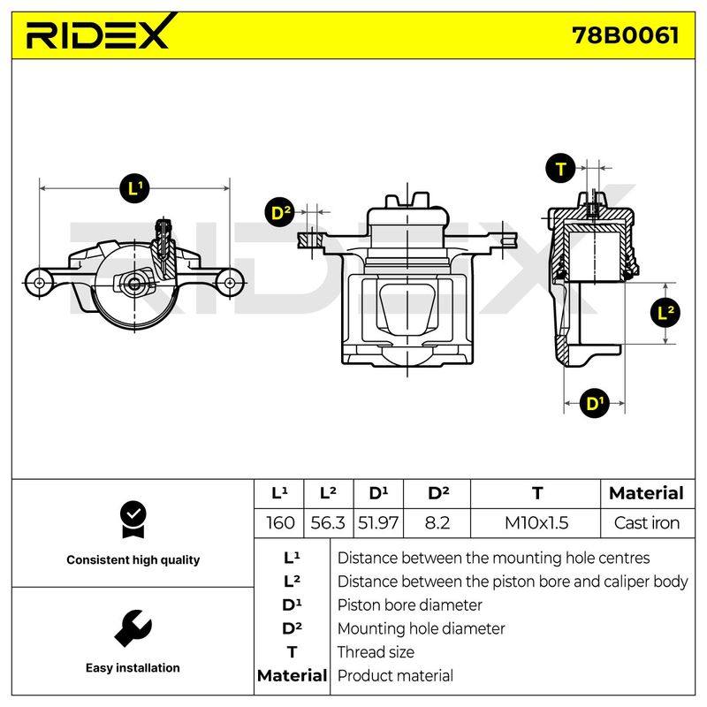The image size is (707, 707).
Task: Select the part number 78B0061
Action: [625, 35]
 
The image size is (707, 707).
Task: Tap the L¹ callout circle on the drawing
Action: [134, 187]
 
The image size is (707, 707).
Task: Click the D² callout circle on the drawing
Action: [279, 212]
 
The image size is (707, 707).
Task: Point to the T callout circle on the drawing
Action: [560, 169]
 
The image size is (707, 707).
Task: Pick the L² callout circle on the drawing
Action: [665, 313]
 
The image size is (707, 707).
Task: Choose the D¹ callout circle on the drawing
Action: [594, 403]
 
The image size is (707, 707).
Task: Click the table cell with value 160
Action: [279, 523]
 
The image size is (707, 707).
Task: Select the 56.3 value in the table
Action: [328, 523]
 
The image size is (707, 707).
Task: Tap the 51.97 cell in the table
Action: [378, 523]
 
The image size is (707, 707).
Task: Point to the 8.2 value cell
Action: [437, 523]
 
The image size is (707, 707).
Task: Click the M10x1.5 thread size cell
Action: [536, 523]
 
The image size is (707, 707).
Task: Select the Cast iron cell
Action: [647, 523]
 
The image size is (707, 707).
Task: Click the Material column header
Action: [647, 493]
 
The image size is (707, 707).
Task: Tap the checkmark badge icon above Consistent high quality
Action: [133, 520]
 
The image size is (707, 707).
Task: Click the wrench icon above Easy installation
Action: [133, 628]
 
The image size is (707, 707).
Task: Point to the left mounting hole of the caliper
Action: [39, 283]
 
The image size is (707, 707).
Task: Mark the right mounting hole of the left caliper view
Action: [230, 283]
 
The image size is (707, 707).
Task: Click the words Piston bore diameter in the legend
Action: [409, 604]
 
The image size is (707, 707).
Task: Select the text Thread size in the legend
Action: [376, 652]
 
